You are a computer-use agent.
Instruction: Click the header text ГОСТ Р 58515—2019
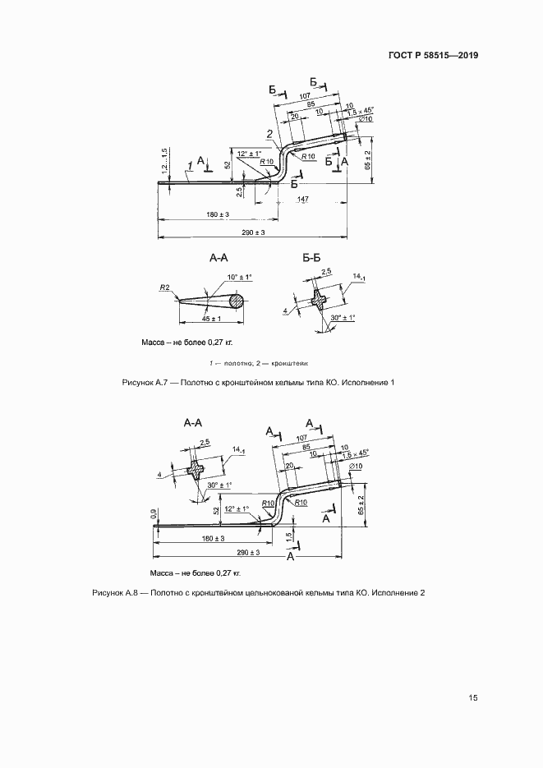(432, 56)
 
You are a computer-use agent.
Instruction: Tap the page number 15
(472, 698)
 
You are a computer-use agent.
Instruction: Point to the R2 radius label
(164, 288)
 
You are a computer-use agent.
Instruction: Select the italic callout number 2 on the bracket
(269, 134)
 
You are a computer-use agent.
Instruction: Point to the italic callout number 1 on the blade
(189, 165)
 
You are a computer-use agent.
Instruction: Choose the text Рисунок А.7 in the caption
(144, 383)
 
